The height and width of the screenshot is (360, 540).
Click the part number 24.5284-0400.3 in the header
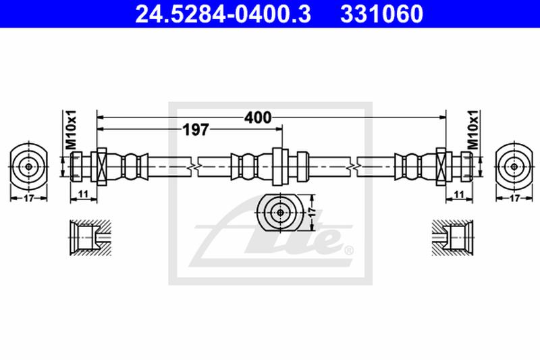click(x=223, y=13)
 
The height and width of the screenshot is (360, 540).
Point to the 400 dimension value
click(x=257, y=118)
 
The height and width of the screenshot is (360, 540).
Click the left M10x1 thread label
click(x=70, y=130)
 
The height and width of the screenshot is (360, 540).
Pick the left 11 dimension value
click(x=83, y=195)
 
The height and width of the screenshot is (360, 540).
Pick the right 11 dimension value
click(x=458, y=195)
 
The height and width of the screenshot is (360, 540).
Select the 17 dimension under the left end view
click(x=28, y=199)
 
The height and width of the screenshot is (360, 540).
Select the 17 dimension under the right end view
click(x=514, y=199)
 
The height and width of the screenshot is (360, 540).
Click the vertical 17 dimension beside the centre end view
click(x=312, y=211)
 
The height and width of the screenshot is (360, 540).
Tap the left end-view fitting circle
click(x=28, y=165)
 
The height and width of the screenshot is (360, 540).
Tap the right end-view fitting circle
click(x=514, y=165)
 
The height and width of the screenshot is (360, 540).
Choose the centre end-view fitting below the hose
click(x=281, y=212)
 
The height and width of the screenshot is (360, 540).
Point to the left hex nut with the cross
click(x=103, y=165)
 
